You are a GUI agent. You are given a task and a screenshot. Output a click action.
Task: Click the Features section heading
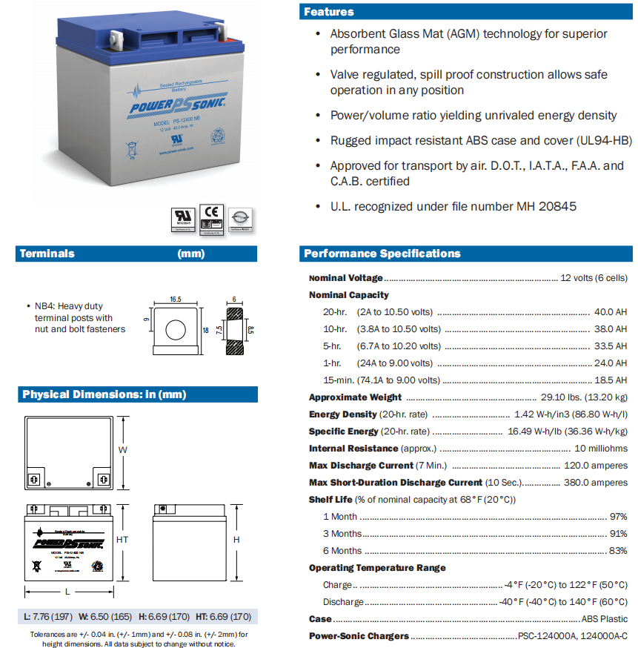point(329,12)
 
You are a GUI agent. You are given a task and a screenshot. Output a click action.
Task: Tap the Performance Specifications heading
point(382,254)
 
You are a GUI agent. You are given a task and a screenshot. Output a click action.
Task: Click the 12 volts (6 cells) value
point(594,278)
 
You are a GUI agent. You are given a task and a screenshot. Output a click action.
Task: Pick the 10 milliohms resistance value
point(601,449)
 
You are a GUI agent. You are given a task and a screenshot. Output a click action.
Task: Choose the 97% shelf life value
point(618,517)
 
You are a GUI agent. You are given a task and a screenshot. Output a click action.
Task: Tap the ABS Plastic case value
point(604,619)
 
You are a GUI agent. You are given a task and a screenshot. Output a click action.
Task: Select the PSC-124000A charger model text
point(544,636)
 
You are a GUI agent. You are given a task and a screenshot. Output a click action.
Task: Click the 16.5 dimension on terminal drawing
point(175,300)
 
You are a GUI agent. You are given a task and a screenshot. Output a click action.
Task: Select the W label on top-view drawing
point(124,450)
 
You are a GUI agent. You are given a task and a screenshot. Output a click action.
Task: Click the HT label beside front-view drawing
point(122,540)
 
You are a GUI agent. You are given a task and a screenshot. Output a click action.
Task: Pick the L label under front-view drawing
point(68,591)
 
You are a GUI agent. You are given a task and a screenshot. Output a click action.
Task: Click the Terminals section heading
point(47,254)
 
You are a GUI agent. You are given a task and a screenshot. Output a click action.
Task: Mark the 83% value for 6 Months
point(618,551)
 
